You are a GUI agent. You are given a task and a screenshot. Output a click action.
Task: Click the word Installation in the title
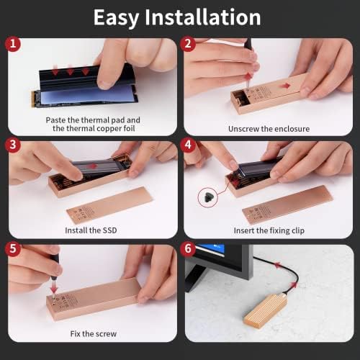(203, 17)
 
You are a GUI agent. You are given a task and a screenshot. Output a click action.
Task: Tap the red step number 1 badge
(13, 44)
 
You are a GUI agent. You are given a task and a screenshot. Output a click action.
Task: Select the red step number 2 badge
(188, 44)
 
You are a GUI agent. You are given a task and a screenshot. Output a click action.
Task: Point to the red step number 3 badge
(13, 145)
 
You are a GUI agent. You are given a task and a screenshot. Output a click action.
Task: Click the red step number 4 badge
(188, 145)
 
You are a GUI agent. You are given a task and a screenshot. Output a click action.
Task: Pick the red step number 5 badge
(13, 248)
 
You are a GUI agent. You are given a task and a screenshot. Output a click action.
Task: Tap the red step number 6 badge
(188, 248)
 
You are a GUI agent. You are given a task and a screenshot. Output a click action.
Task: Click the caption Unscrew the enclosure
(269, 129)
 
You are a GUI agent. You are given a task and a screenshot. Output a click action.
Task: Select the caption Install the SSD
(91, 230)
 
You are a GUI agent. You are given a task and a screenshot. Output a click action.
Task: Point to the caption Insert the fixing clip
(269, 230)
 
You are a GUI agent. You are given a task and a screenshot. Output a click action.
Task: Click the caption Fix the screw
(94, 334)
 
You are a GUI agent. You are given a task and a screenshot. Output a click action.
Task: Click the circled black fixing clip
(207, 197)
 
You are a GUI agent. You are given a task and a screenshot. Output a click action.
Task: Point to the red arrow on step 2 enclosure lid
(285, 86)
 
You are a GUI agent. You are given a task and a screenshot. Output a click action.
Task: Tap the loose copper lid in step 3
(109, 205)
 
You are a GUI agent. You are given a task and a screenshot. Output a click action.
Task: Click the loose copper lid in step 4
(287, 204)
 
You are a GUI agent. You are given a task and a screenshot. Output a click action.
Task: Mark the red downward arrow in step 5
(53, 287)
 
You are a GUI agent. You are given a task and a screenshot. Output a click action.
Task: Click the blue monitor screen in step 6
(210, 250)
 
